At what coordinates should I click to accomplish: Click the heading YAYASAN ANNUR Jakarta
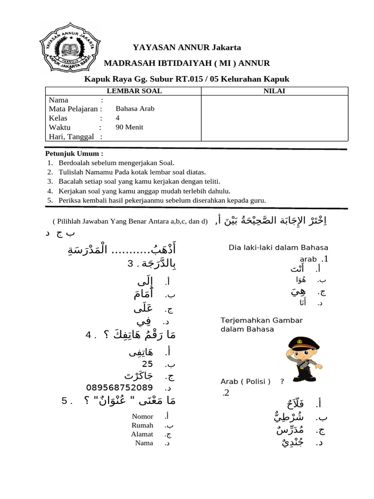(x=187, y=48)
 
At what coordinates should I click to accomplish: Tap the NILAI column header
(x=275, y=91)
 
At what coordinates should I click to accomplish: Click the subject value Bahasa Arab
(x=135, y=109)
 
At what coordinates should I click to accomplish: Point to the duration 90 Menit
(x=130, y=127)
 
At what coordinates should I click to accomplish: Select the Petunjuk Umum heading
(x=75, y=154)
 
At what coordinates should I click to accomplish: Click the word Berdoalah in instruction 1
(x=75, y=163)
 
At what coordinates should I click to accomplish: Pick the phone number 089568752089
(x=119, y=387)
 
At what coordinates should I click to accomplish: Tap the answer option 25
(x=148, y=364)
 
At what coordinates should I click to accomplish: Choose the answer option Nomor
(x=143, y=416)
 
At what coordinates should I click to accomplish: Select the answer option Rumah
(x=142, y=425)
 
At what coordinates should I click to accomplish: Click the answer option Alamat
(x=142, y=434)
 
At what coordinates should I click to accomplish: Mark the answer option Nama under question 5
(x=144, y=442)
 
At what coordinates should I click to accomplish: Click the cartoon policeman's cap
(x=302, y=341)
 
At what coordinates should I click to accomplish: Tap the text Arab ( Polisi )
(x=245, y=382)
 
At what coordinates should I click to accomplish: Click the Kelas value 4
(x=117, y=118)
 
